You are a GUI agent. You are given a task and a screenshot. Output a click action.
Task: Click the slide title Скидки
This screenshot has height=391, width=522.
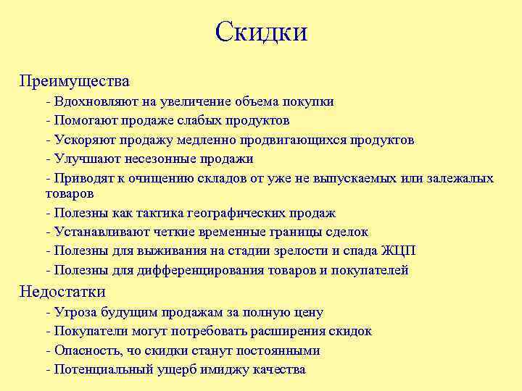tap(261, 32)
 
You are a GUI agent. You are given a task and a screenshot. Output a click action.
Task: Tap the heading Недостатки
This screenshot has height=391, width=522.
tap(62, 292)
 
